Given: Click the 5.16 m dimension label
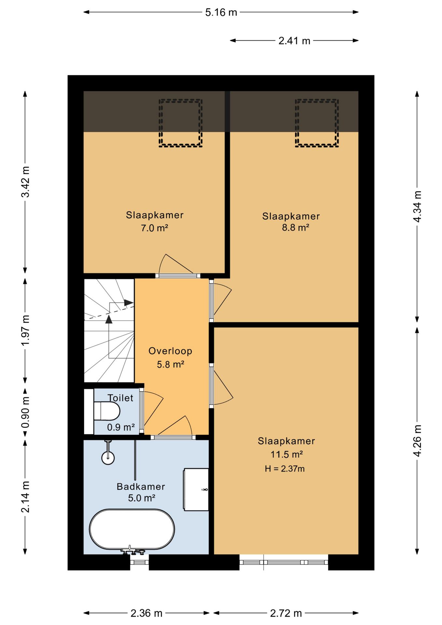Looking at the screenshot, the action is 221,12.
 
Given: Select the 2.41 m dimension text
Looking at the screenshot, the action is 294,41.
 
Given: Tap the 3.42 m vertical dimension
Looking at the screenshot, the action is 25,182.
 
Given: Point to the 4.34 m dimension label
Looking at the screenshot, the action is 417,207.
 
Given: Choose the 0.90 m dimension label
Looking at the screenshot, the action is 25,412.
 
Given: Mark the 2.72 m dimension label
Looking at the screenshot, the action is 286,613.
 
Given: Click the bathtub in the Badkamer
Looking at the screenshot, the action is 132,529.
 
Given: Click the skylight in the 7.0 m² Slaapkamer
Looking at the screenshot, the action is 181,123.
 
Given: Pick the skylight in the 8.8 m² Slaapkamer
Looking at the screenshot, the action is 317,123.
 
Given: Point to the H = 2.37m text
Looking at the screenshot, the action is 284,469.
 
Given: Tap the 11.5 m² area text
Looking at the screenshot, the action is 287,454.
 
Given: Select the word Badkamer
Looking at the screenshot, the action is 141,486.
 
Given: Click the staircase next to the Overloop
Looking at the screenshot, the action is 109,330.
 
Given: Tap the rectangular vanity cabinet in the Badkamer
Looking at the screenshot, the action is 196,489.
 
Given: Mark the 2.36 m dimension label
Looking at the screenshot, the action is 146,613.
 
